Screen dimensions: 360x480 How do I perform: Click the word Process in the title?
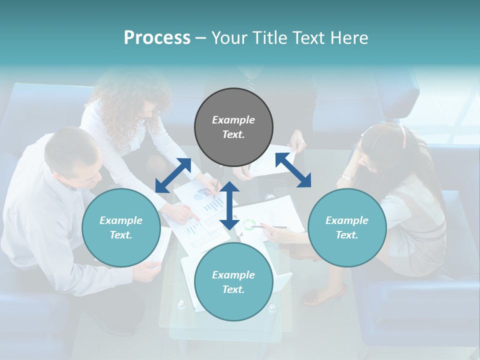(157, 37)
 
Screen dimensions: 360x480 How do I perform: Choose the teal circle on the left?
(121, 228)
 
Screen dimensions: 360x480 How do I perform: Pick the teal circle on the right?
(347, 228)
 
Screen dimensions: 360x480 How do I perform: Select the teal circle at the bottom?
(233, 282)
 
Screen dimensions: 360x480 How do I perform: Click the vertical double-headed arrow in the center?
(229, 205)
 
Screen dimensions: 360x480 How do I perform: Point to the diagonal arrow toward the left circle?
(173, 175)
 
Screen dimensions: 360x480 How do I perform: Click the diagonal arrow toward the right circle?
(293, 170)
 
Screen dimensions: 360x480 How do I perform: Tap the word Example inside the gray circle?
(233, 120)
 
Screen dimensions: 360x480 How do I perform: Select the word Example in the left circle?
(121, 220)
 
